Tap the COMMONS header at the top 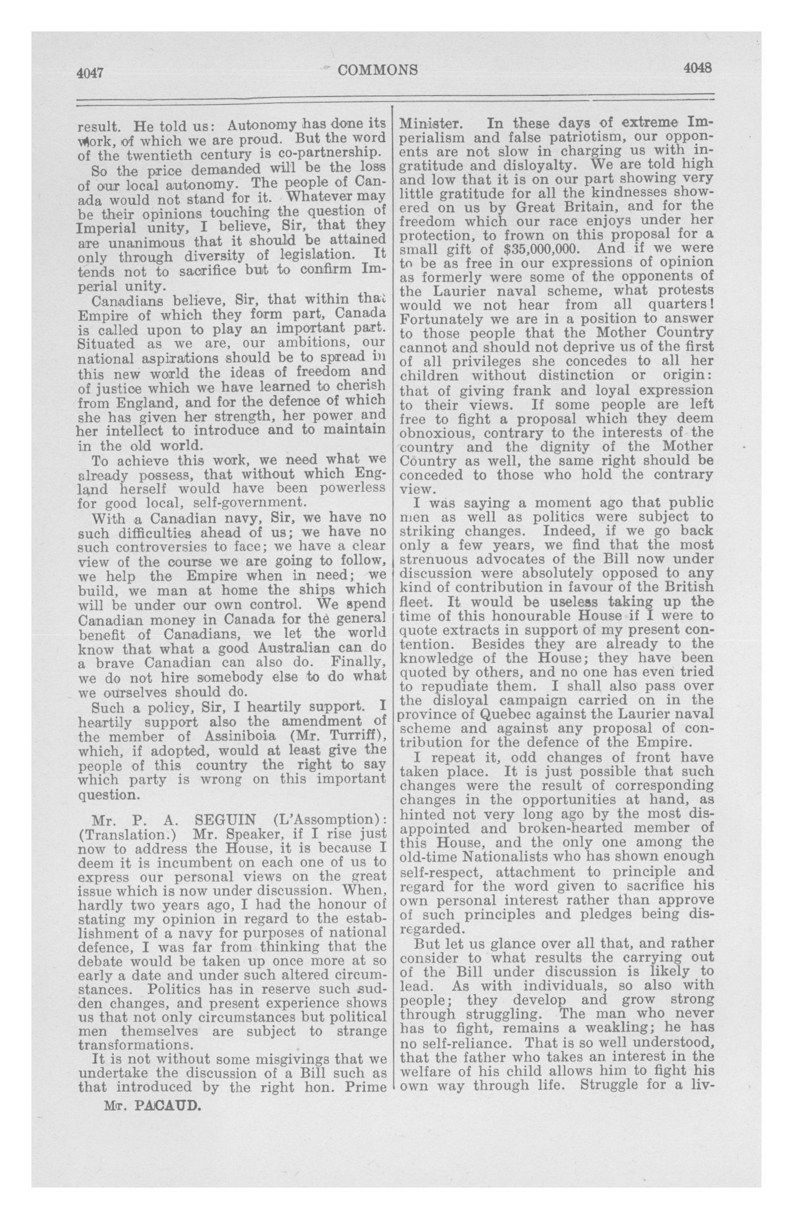(378, 70)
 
